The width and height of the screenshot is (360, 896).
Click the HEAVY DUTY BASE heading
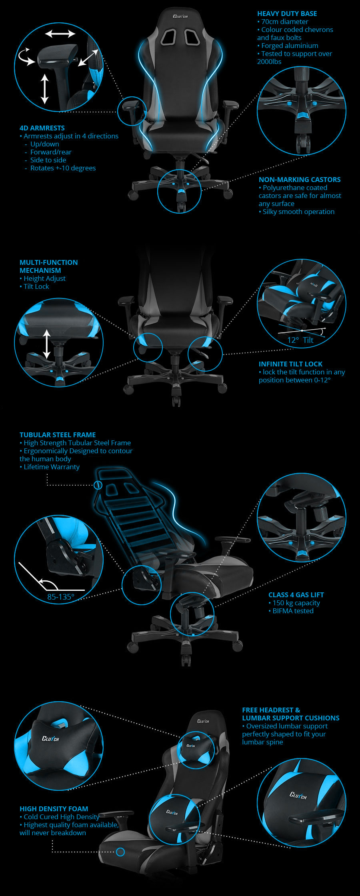pyautogui.click(x=287, y=14)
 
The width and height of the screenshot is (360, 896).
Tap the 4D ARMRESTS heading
pyautogui.click(x=42, y=128)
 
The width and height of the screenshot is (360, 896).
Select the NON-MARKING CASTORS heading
pyautogui.click(x=300, y=180)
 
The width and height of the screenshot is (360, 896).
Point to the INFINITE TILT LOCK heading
pyautogui.click(x=290, y=364)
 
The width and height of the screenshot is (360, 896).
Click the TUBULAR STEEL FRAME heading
pyautogui.click(x=58, y=435)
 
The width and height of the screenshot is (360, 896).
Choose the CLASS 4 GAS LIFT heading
pyautogui.click(x=296, y=595)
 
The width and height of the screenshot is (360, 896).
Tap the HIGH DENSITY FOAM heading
pyautogui.click(x=54, y=809)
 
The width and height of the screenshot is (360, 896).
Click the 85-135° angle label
pyautogui.click(x=61, y=597)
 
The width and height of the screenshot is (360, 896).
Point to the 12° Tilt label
pyautogui.click(x=300, y=340)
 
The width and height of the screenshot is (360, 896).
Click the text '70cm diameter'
pyautogui.click(x=285, y=22)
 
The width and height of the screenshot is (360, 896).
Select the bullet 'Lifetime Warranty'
pyautogui.click(x=52, y=467)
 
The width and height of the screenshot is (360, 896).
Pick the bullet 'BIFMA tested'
pyautogui.click(x=293, y=611)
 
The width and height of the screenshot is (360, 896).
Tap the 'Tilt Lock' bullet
pyautogui.click(x=36, y=286)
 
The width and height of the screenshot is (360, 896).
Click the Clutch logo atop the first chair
pyautogui.click(x=180, y=16)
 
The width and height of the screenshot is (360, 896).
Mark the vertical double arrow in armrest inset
pyautogui.click(x=44, y=89)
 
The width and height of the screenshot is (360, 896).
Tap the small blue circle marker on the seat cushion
pyautogui.click(x=120, y=852)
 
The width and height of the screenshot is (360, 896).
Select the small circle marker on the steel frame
pyautogui.click(x=98, y=485)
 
